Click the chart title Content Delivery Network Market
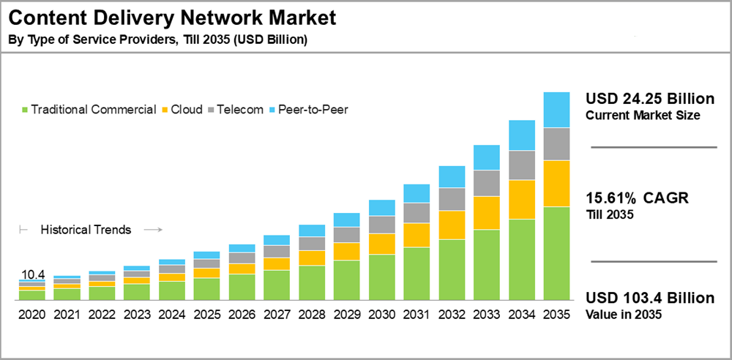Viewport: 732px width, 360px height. [172, 16]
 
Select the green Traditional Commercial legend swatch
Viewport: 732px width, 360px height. [26, 110]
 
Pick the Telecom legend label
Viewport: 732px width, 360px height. [244, 110]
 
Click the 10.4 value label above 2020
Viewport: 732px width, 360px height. [33, 274]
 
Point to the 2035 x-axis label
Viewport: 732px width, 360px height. [556, 315]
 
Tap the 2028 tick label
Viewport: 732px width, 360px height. [312, 315]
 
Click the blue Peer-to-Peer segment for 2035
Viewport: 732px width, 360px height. [556, 110]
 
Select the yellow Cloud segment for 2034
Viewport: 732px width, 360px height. [521, 199]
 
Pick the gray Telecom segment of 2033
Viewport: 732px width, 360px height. [486, 183]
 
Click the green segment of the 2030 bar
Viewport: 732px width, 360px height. [381, 277]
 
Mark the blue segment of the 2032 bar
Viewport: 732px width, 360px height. [452, 176]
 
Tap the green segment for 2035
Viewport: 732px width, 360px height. [556, 253]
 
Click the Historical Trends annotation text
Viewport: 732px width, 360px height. [86, 230]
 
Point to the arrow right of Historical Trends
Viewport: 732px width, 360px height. [152, 230]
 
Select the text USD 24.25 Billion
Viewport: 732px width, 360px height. [649, 100]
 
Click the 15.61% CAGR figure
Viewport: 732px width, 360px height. [638, 198]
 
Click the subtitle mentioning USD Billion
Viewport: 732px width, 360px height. [157, 40]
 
